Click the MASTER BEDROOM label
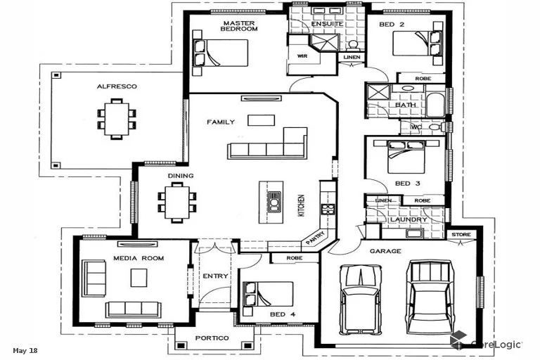click(x=239, y=25)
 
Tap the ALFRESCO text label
click(x=117, y=86)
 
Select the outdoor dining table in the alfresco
click(x=114, y=117)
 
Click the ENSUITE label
click(x=327, y=24)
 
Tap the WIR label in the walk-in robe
click(x=302, y=56)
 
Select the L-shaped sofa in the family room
click(x=268, y=144)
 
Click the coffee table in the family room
click(x=261, y=120)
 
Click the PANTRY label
click(x=314, y=239)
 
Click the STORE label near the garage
click(x=461, y=235)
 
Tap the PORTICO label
click(x=212, y=338)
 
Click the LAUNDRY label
click(x=409, y=219)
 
